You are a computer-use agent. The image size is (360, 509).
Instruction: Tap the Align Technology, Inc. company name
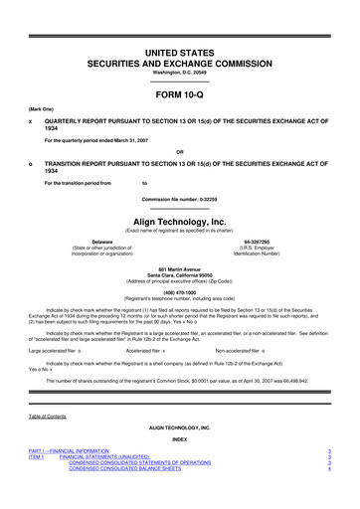pos(180,224)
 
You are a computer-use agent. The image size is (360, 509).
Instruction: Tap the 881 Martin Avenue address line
pos(180,270)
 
